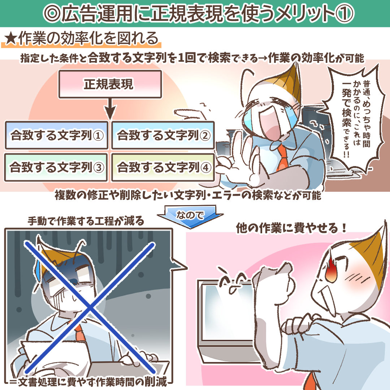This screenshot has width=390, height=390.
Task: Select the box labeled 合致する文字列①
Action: (x=57, y=136)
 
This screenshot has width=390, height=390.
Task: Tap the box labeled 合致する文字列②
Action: (x=163, y=136)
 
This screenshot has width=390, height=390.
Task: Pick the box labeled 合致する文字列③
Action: (x=56, y=168)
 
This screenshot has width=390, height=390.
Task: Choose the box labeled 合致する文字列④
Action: (x=163, y=168)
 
